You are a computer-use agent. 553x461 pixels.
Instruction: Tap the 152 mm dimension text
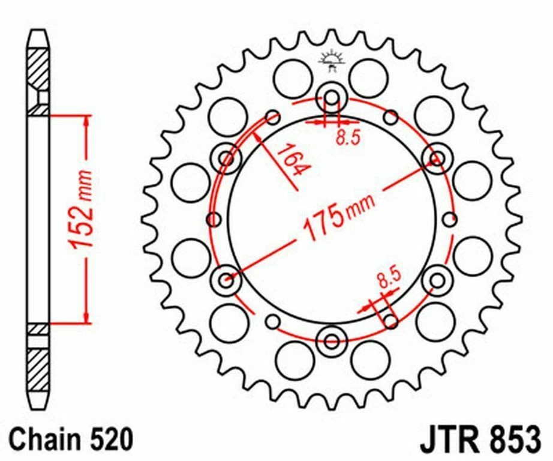click(x=80, y=211)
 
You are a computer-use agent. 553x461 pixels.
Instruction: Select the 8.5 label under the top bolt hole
click(x=347, y=139)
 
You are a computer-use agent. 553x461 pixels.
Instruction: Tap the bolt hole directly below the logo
click(x=331, y=96)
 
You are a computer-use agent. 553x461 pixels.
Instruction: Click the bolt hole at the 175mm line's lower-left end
click(x=227, y=279)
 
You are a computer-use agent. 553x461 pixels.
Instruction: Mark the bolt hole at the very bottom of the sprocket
click(x=331, y=340)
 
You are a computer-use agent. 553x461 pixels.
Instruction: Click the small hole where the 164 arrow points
click(x=272, y=116)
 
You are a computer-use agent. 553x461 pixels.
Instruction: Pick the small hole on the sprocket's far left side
click(x=214, y=219)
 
